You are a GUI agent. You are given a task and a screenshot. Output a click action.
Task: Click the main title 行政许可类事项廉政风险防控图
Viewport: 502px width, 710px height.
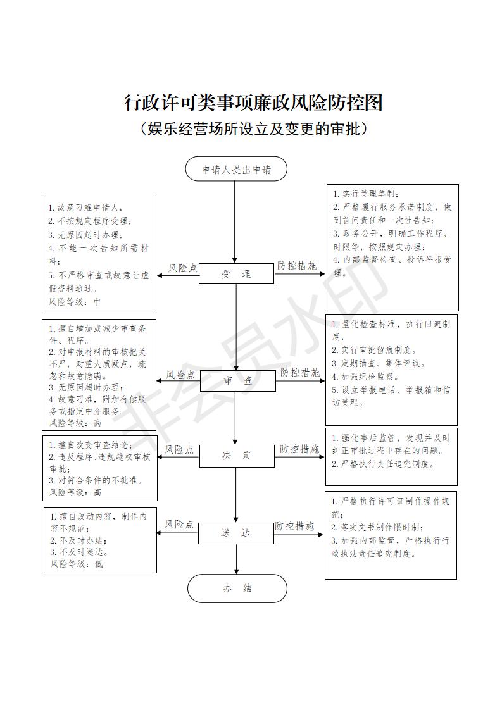(x=253, y=103)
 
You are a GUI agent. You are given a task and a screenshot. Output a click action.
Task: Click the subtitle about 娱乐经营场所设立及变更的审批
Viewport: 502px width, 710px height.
(x=253, y=129)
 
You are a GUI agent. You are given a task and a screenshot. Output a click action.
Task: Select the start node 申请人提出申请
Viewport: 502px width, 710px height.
(x=236, y=170)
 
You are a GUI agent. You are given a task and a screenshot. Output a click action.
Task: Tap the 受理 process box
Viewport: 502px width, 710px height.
(x=236, y=274)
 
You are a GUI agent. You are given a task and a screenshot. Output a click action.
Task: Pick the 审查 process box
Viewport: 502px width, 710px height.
(x=237, y=380)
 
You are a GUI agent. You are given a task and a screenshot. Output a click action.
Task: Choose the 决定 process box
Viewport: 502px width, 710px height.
(x=236, y=455)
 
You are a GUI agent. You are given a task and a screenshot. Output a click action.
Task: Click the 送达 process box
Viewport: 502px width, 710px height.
(x=236, y=533)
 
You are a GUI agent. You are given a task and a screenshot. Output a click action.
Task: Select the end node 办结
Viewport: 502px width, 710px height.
(x=237, y=588)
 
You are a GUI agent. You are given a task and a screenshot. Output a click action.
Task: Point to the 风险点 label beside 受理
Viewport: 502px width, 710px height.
(x=182, y=268)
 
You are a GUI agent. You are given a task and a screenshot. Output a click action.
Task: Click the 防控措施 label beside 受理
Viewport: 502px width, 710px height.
(x=297, y=266)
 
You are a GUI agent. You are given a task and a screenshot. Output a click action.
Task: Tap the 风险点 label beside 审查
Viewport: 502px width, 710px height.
(x=180, y=375)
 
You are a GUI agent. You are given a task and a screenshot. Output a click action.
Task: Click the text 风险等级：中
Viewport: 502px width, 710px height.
(x=75, y=302)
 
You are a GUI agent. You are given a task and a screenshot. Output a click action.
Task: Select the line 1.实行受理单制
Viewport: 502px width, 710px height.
(x=367, y=194)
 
